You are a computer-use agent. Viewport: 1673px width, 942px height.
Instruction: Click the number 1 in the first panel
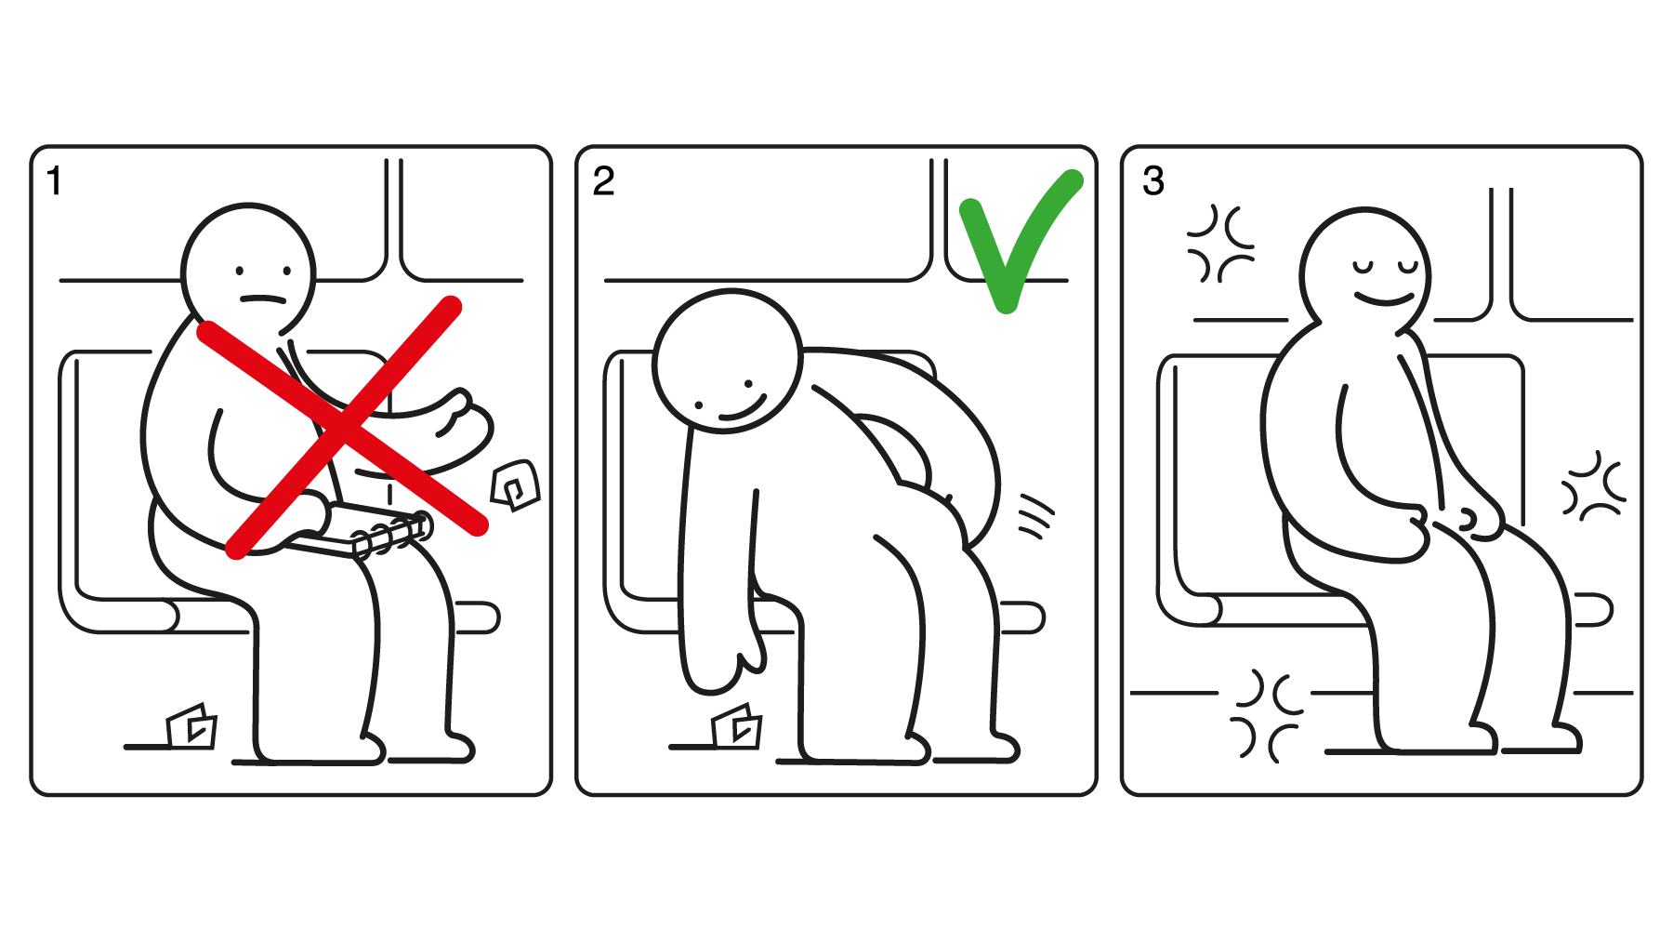[x=55, y=181]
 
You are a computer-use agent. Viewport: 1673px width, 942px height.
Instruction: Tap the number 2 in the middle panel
[x=603, y=181]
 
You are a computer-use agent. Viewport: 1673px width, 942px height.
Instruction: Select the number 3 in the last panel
[x=1153, y=181]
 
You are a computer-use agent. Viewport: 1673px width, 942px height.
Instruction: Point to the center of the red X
[x=344, y=428]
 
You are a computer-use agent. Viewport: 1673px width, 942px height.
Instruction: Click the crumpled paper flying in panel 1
[x=516, y=484]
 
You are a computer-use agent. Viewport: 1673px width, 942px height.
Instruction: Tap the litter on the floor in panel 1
[x=191, y=726]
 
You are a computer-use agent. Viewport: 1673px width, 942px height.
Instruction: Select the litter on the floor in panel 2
[x=737, y=726]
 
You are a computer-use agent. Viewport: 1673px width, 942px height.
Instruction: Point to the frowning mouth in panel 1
[x=263, y=299]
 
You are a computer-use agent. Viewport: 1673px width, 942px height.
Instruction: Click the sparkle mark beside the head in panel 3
[x=1221, y=244]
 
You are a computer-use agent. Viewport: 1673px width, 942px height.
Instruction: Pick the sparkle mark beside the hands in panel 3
[x=1593, y=485]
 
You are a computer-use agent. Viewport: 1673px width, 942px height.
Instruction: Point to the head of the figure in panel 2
[x=728, y=362]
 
